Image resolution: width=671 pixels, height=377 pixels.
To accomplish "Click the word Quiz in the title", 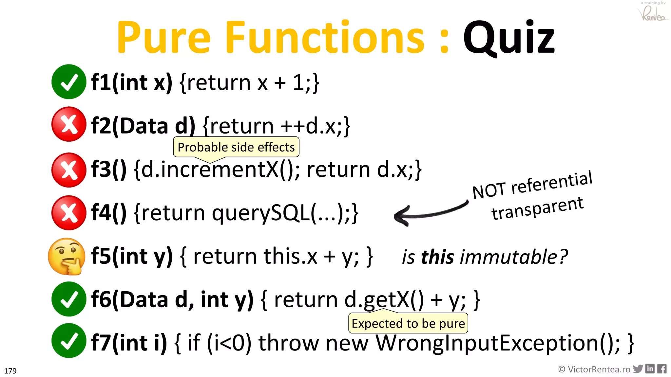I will pyautogui.click(x=508, y=38).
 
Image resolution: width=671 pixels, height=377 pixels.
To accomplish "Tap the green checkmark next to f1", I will pyautogui.click(x=69, y=82).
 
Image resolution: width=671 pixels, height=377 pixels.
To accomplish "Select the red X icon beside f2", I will pyautogui.click(x=69, y=124).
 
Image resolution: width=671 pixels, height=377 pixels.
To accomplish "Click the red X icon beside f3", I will pyautogui.click(x=69, y=170).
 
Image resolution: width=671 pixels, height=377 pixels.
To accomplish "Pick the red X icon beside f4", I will pyautogui.click(x=69, y=213).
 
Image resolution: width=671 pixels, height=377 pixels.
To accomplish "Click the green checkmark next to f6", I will pyautogui.click(x=69, y=299).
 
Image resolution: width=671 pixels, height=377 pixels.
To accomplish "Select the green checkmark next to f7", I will pyautogui.click(x=69, y=341).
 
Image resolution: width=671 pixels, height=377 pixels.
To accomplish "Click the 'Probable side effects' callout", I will pyautogui.click(x=236, y=147).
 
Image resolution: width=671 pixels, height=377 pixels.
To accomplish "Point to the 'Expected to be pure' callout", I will pyautogui.click(x=408, y=323).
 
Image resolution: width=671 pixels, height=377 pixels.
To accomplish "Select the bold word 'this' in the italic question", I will pyautogui.click(x=438, y=257).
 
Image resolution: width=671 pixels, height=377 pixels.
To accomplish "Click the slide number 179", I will pyautogui.click(x=10, y=371).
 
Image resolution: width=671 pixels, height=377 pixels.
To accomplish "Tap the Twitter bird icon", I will pyautogui.click(x=638, y=369).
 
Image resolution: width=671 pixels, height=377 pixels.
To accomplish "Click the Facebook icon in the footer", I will pyautogui.click(x=662, y=369).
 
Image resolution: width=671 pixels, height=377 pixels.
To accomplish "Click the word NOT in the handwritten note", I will pyautogui.click(x=489, y=191).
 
